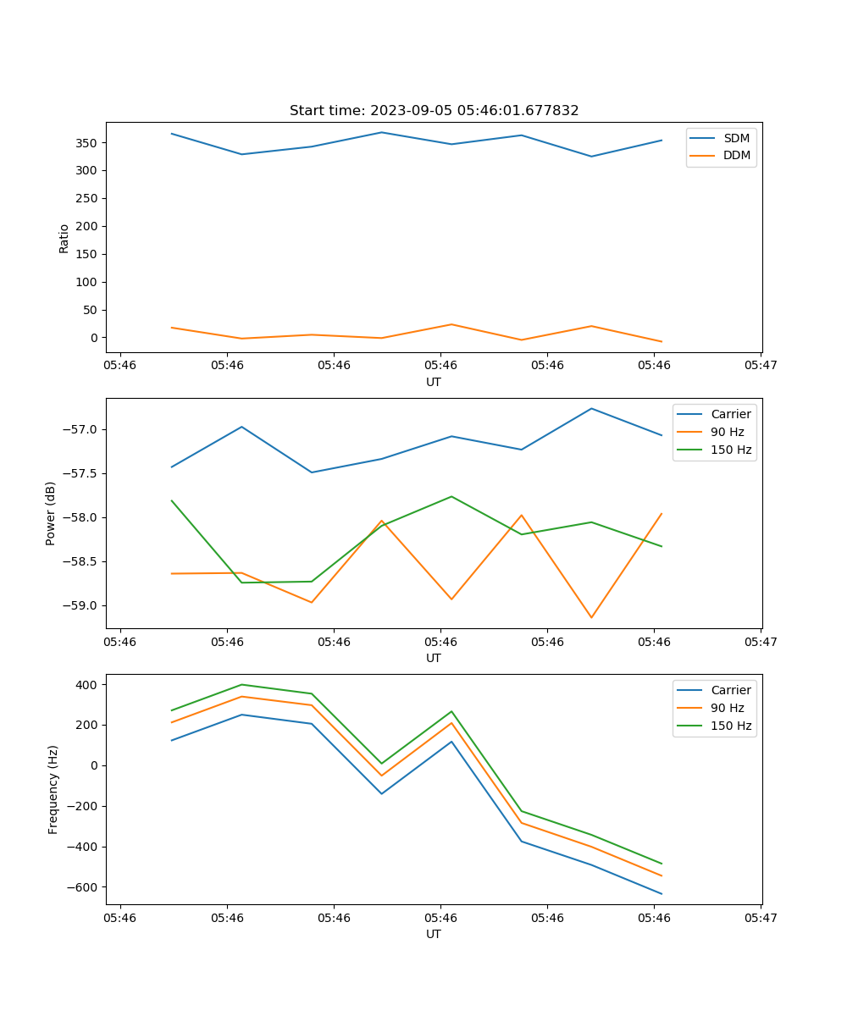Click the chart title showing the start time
tap(434, 111)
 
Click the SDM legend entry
tap(736, 138)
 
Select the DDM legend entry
tap(736, 156)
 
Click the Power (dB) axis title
tap(51, 513)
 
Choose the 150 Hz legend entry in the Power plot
tap(731, 450)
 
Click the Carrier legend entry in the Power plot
tap(731, 414)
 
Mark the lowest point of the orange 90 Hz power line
tap(591, 617)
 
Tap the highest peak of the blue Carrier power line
tap(591, 409)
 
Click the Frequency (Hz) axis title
tap(53, 789)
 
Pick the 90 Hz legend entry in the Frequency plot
tap(728, 708)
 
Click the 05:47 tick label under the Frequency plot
tap(761, 917)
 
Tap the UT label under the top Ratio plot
tap(434, 382)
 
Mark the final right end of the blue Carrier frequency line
tap(662, 893)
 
